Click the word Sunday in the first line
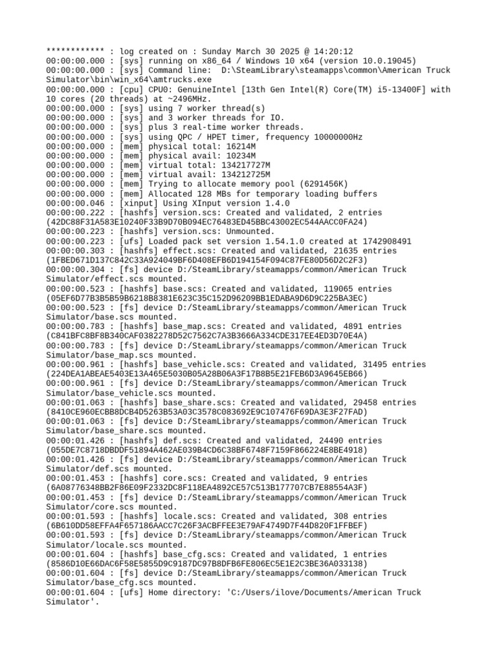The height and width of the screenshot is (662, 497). [219, 52]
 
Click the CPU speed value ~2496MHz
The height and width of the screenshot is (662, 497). [191, 99]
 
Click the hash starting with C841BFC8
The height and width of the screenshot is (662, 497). [207, 336]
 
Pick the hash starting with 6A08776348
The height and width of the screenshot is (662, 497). [207, 488]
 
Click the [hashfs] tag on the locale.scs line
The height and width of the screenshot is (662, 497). [138, 517]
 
